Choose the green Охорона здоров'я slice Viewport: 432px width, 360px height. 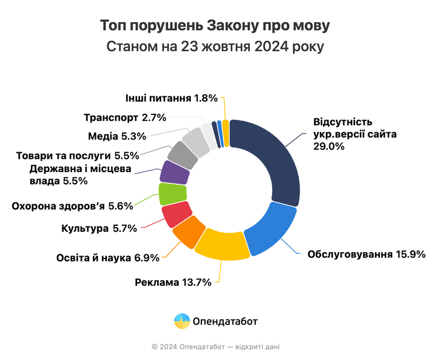click(x=172, y=193)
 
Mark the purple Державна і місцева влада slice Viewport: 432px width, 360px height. click(x=174, y=173)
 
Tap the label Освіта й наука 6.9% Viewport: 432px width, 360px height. click(x=107, y=257)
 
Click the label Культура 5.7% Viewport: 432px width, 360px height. click(x=99, y=228)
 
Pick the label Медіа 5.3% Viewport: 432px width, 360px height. click(x=116, y=137)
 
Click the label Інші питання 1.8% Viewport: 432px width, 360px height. click(x=171, y=98)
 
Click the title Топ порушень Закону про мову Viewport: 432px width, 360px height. click(x=215, y=27)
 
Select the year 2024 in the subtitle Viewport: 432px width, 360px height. click(x=273, y=47)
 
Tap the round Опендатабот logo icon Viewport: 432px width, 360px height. click(x=182, y=321)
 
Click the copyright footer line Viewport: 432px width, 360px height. click(x=215, y=347)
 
